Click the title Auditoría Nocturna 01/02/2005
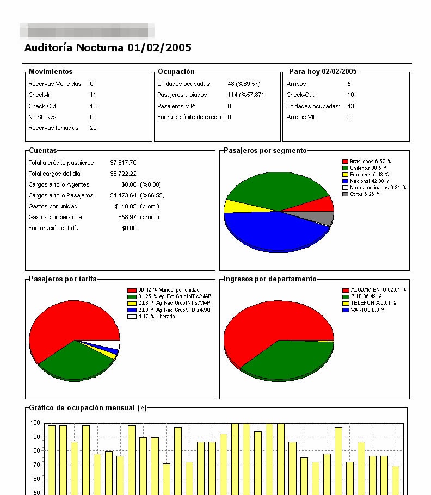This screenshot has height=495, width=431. (x=108, y=47)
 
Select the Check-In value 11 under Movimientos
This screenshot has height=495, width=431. (x=93, y=95)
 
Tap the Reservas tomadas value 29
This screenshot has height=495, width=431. (x=93, y=128)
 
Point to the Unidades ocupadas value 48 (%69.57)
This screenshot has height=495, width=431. (x=244, y=84)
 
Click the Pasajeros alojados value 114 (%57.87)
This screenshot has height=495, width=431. (x=245, y=95)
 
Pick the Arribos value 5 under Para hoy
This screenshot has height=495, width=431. (x=349, y=84)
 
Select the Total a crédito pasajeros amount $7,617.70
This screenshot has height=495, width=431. (x=123, y=163)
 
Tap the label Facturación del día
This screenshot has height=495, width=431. (x=53, y=228)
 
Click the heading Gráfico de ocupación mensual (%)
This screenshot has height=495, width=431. (x=88, y=408)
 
